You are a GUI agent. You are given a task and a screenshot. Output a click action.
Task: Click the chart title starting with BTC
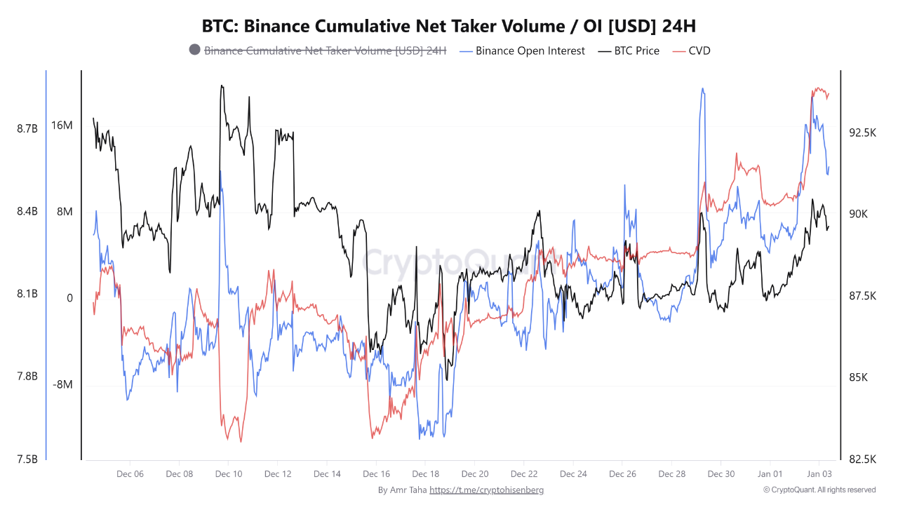click(449, 26)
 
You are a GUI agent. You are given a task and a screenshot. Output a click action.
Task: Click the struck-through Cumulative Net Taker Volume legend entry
click(325, 50)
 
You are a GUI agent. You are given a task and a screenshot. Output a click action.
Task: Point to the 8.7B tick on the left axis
click(27, 128)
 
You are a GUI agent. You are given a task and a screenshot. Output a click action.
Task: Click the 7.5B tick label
click(27, 459)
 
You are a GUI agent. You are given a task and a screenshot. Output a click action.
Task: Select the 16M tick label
click(62, 126)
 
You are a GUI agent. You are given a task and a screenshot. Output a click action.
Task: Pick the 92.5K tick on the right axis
click(862, 133)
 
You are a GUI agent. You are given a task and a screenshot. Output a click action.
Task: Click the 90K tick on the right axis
click(858, 214)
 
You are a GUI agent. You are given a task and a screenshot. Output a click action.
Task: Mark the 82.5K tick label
click(862, 459)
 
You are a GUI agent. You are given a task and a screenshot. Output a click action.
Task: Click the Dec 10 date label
click(229, 474)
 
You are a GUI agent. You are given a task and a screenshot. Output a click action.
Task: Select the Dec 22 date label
click(524, 474)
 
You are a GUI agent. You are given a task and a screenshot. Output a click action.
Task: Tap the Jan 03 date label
click(819, 474)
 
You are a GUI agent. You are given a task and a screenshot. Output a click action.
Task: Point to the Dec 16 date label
click(376, 474)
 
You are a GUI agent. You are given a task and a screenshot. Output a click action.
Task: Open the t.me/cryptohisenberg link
click(486, 490)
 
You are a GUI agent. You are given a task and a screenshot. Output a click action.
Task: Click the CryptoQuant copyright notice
click(819, 490)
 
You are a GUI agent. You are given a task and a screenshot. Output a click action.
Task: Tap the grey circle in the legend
click(194, 50)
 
